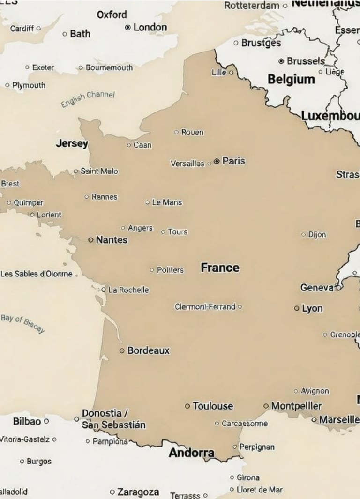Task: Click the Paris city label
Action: pyautogui.click(x=233, y=161)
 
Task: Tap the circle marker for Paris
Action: pyautogui.click(x=217, y=161)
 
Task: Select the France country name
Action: pyautogui.click(x=220, y=268)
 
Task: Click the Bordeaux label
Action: pyautogui.click(x=148, y=350)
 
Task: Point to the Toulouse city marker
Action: pyautogui.click(x=187, y=406)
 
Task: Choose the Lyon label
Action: pyautogui.click(x=312, y=308)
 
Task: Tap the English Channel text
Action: pyautogui.click(x=88, y=98)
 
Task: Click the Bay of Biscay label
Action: pyautogui.click(x=22, y=323)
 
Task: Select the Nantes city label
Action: pyautogui.click(x=112, y=240)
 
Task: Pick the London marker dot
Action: pyautogui.click(x=127, y=28)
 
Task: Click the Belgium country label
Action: pyautogui.click(x=291, y=80)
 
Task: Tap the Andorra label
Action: pyautogui.click(x=191, y=453)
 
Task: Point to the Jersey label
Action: pyautogui.click(x=72, y=143)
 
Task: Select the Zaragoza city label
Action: pyautogui.click(x=138, y=492)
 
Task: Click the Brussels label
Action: pyautogui.click(x=306, y=61)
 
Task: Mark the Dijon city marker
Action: pyautogui.click(x=303, y=234)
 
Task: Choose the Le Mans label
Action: pyautogui.click(x=167, y=202)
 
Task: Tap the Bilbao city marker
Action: pyautogui.click(x=46, y=421)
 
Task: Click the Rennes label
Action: pyautogui.click(x=105, y=197)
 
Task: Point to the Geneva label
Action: pyautogui.click(x=317, y=288)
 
